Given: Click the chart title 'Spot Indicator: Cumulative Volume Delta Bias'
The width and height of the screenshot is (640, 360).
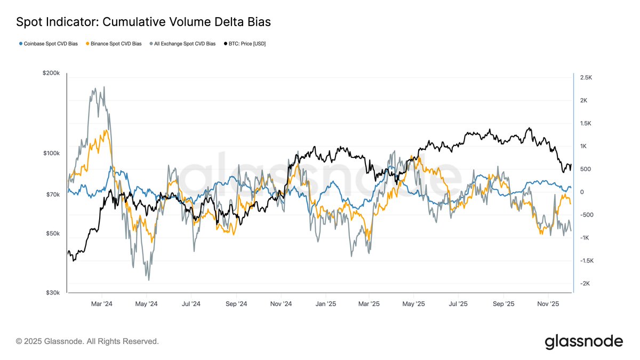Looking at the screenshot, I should pyautogui.click(x=143, y=22).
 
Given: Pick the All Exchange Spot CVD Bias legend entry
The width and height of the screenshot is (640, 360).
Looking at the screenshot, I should pyautogui.click(x=183, y=44).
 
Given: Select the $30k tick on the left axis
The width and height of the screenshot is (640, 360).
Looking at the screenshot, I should pyautogui.click(x=52, y=293).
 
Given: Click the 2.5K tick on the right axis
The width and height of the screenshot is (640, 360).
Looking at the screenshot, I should pyautogui.click(x=586, y=77).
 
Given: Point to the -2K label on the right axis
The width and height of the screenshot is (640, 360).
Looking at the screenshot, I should pyautogui.click(x=586, y=284).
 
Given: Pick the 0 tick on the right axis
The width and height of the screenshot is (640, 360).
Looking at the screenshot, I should pyautogui.click(x=582, y=192).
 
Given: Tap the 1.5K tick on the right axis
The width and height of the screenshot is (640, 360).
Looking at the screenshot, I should pyautogui.click(x=586, y=123).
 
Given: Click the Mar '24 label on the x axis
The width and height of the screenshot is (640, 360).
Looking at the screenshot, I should pyautogui.click(x=101, y=304).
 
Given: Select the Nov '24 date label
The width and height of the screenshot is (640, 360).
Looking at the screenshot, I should pyautogui.click(x=280, y=304).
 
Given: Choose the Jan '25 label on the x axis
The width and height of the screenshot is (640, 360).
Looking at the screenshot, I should pyautogui.click(x=324, y=304).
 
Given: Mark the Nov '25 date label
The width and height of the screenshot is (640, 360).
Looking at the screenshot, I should pyautogui.click(x=548, y=304).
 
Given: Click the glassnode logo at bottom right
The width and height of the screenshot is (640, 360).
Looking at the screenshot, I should pyautogui.click(x=583, y=341).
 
